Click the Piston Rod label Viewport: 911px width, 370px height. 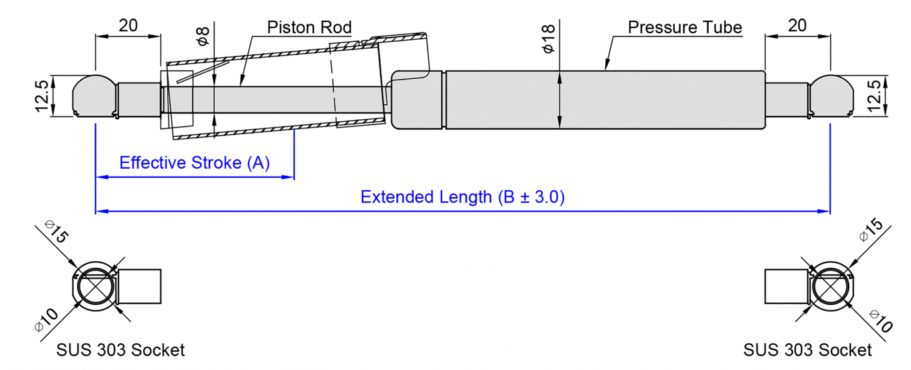(x=309, y=27)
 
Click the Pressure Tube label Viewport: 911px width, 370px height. (x=685, y=27)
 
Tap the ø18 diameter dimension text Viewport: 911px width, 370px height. (x=548, y=38)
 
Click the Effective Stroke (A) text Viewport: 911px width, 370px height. (x=194, y=163)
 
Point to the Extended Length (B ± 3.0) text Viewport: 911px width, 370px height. (x=463, y=197)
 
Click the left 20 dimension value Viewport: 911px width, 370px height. (x=128, y=25)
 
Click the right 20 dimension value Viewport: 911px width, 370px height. (x=797, y=25)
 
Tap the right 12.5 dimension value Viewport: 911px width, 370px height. (x=876, y=96)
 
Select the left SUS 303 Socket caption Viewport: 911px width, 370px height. (x=120, y=350)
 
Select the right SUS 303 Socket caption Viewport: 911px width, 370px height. (x=807, y=350)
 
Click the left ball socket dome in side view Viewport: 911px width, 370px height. (x=94, y=94)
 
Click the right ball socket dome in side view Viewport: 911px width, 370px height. (x=832, y=94)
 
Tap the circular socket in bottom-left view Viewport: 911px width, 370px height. (x=94, y=287)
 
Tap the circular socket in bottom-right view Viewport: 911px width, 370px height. (x=830, y=287)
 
